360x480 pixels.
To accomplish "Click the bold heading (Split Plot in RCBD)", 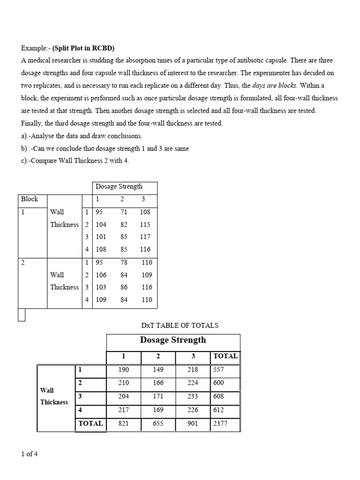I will tap(83, 48).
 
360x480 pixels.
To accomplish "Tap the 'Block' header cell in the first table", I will tap(30, 199).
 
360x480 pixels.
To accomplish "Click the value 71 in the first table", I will tap(124, 212).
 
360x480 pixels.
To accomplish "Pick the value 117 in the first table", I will tap(145, 237).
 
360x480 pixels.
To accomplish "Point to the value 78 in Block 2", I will tap(124, 262).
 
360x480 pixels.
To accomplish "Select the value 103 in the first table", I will tap(101, 287).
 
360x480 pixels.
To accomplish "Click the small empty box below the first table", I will tap(21, 315).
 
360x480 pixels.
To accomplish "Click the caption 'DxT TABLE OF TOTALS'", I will tap(180, 325).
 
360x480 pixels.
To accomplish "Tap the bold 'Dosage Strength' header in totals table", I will tap(173, 340).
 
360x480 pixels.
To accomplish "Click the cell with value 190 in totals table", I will tap(124, 369).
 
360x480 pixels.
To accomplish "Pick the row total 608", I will tap(218, 396).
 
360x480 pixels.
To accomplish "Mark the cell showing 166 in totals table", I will tap(158, 382).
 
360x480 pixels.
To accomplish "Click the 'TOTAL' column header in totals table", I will tap(225, 356).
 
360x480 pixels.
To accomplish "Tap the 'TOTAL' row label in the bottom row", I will tap(90, 423).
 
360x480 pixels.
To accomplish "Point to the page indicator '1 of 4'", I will tap(29, 454).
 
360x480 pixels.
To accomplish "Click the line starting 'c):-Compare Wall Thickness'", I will tap(75, 161).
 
